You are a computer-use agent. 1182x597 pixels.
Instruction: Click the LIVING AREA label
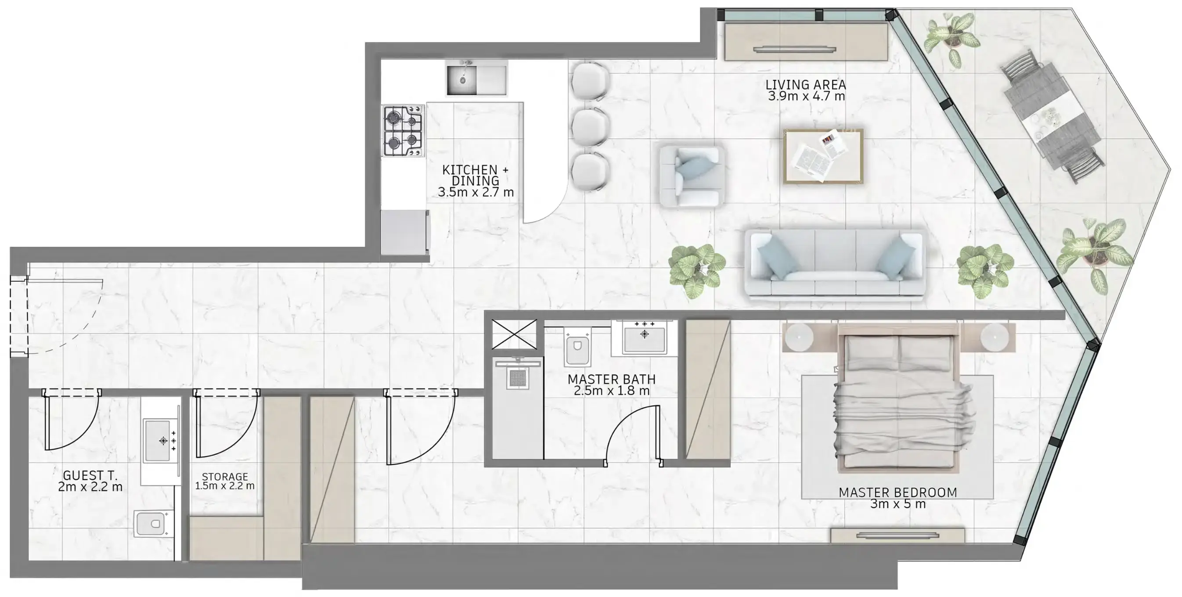[x=806, y=85]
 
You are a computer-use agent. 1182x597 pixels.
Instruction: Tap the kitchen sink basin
[x=462, y=80]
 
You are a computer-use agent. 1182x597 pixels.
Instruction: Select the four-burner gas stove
[x=404, y=130]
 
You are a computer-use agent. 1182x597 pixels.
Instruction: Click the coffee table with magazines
[x=823, y=156]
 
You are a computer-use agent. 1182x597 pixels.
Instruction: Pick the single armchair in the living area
[x=691, y=176]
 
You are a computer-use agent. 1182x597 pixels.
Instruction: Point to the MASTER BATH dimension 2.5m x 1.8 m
[x=611, y=391]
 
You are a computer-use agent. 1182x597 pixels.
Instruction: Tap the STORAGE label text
[x=224, y=476]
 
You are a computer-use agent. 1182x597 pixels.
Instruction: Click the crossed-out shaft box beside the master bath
[x=513, y=334]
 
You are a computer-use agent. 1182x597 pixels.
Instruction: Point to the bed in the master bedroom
[x=897, y=399]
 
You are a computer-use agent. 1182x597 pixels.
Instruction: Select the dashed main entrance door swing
[x=64, y=316]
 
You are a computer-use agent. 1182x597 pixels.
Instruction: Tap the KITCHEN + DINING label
[x=475, y=175]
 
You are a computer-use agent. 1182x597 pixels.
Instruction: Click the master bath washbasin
[x=644, y=338]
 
